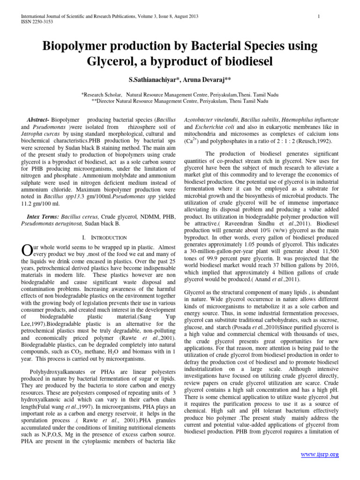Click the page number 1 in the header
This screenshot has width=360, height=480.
coord(319,17)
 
